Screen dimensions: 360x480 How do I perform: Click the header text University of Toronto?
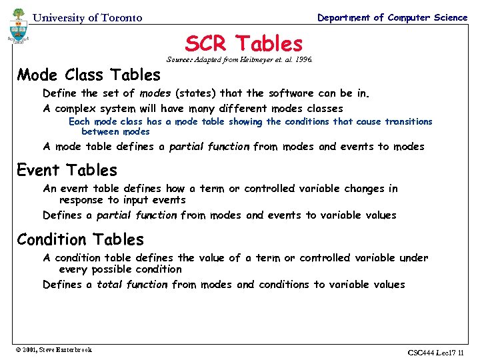click(87, 18)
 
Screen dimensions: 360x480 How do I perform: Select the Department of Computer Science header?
click(392, 17)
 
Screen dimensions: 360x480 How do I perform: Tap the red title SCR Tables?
click(243, 44)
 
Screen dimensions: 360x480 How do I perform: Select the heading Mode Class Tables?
click(89, 75)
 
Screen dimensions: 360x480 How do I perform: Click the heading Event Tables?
click(67, 171)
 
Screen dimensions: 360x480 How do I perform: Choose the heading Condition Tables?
click(80, 239)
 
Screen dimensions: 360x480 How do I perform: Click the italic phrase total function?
click(132, 285)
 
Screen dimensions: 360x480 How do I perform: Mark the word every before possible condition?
click(73, 269)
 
